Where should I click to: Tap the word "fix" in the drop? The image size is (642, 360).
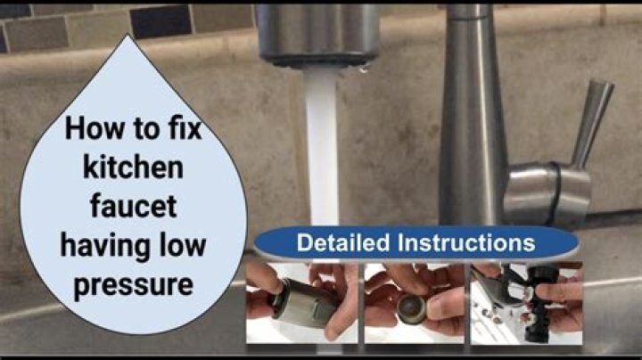[185, 128]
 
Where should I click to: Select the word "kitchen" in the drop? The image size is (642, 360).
[133, 168]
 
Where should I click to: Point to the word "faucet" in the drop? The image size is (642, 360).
[134, 206]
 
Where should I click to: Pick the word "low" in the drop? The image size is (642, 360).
[183, 245]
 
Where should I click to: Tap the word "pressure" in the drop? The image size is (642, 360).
[133, 285]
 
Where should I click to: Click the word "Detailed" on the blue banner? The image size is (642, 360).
[343, 242]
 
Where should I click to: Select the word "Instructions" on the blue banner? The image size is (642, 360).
[466, 242]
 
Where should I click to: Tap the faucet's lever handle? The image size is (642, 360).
[591, 123]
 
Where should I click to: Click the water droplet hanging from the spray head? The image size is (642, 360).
[363, 70]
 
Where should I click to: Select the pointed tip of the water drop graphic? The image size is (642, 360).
[128, 35]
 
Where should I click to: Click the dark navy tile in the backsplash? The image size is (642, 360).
[160, 21]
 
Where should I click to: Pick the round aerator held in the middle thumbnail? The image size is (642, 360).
[412, 309]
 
